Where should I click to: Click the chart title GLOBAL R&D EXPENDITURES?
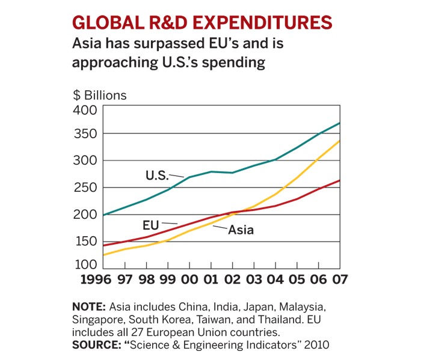tap(202, 22)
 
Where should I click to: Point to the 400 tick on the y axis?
tap(85, 111)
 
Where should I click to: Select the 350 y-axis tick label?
tap(85, 134)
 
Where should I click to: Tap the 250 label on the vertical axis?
tap(85, 188)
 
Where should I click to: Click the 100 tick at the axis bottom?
tap(85, 265)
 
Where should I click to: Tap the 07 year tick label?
tap(340, 279)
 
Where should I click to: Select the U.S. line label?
tap(158, 175)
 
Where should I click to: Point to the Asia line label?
tap(241, 230)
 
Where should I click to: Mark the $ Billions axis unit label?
tap(100, 96)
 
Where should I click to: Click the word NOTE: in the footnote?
tap(89, 307)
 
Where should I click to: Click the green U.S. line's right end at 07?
tap(340, 123)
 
